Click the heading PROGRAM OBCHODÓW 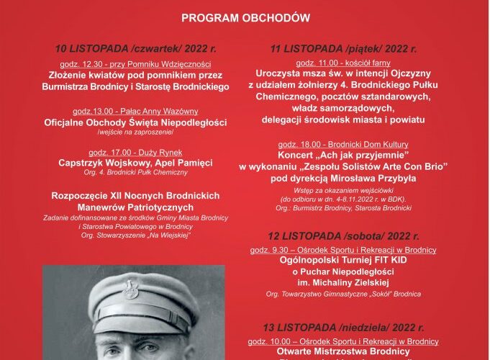click(x=245, y=17)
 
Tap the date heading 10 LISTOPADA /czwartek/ click(x=141, y=49)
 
